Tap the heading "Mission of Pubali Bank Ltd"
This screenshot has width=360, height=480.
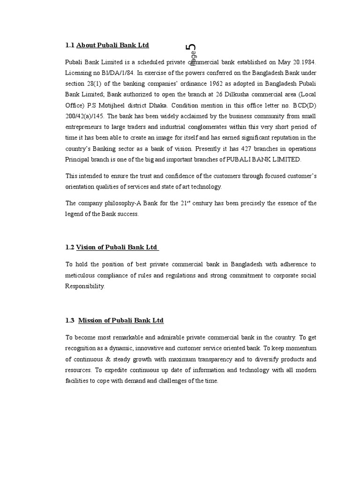click(x=120, y=321)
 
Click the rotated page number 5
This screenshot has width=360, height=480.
click(x=191, y=48)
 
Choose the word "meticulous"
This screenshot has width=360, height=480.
click(x=81, y=276)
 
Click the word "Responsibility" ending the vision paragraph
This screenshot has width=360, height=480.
click(x=85, y=286)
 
